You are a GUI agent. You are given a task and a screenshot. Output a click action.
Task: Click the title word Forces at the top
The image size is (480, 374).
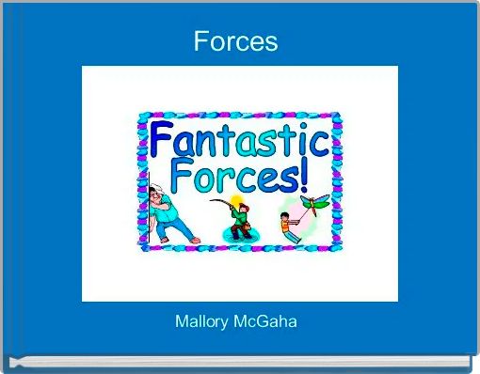pos(235,41)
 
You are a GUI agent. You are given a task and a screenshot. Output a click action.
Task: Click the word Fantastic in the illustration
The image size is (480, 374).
pos(239,143)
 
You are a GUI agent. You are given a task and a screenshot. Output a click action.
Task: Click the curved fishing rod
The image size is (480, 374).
pos(222,201)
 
